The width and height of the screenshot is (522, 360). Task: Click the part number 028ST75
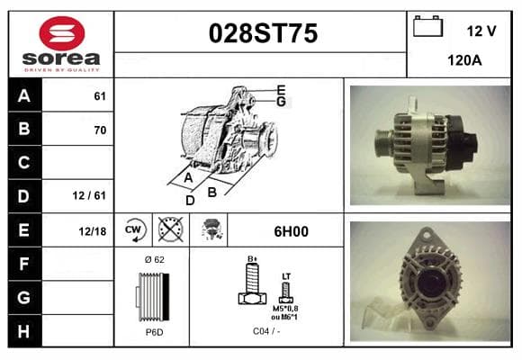click(263, 33)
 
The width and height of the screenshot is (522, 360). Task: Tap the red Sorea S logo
click(62, 33)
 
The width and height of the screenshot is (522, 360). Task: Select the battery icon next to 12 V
click(427, 26)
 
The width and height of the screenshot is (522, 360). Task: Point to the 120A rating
click(464, 60)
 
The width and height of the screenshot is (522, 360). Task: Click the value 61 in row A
click(100, 96)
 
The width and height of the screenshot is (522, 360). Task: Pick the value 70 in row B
click(100, 130)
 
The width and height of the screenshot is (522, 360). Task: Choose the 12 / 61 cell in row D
click(89, 195)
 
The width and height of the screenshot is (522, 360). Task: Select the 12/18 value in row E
click(92, 231)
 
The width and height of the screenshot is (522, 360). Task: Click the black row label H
click(23, 331)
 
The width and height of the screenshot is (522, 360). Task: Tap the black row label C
click(23, 163)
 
